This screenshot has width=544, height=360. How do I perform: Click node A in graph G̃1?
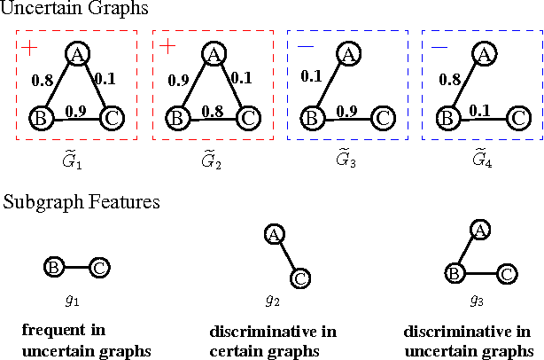tap(77, 55)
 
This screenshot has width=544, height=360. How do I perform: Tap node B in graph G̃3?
tap(311, 117)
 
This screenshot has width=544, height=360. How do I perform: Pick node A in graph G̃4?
tap(483, 55)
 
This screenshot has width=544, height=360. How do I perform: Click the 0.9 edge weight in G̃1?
tap(75, 111)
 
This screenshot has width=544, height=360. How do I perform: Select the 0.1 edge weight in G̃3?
tap(311, 76)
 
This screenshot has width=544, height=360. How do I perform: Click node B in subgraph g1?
tap(52, 265)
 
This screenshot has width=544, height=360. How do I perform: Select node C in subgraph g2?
tap(300, 278)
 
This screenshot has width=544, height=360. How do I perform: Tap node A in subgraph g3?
tap(479, 231)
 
